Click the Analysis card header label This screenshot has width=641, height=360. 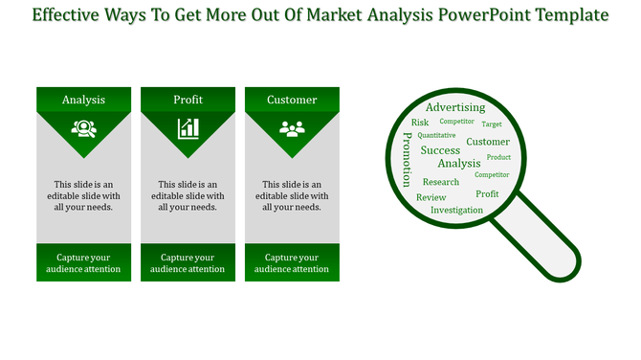(83, 100)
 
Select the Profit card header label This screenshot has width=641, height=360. (188, 100)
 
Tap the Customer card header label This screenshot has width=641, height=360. (292, 100)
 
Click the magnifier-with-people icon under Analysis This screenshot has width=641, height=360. (83, 128)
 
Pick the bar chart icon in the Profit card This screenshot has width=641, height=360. (188, 128)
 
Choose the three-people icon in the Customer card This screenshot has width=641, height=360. (292, 128)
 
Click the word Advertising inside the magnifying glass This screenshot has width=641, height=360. (455, 107)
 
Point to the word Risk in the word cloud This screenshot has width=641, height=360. (420, 123)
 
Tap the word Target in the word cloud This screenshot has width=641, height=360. (492, 124)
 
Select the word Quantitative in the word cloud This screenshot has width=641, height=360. (436, 136)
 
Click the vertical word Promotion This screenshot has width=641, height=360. (407, 159)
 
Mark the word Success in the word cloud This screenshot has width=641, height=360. (440, 150)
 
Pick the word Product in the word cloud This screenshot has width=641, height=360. (498, 157)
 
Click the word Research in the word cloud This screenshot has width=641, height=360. (441, 182)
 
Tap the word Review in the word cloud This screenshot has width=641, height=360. (431, 197)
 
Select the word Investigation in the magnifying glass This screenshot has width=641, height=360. (456, 210)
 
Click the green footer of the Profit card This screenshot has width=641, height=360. (188, 263)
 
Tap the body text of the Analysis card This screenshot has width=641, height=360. (83, 195)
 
